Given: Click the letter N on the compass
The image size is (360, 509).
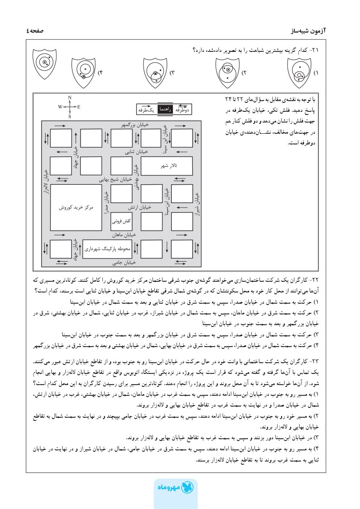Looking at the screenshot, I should [x=70, y=98].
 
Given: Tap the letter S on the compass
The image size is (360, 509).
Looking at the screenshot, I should [x=70, y=116].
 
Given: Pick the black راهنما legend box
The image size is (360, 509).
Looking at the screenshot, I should [x=164, y=109].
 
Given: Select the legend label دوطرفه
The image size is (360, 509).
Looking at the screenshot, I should [x=182, y=109].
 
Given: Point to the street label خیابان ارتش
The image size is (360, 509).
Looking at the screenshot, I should [x=139, y=208].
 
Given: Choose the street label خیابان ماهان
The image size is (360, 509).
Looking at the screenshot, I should [x=124, y=234].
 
